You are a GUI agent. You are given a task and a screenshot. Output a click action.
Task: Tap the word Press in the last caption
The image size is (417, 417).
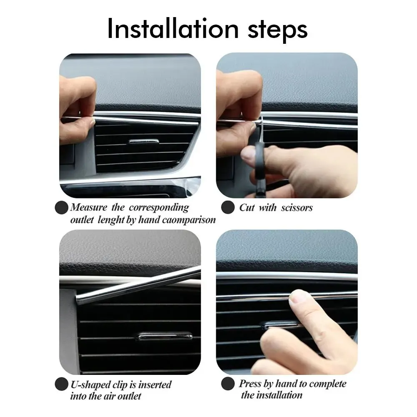click(x=250, y=384)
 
